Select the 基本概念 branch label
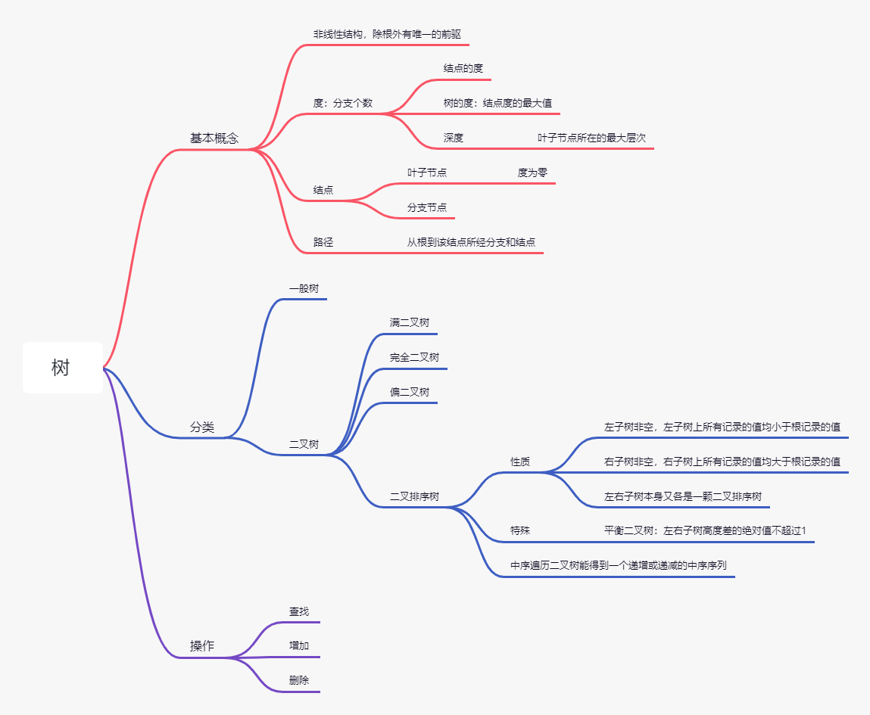point(214,138)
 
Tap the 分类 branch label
point(202,427)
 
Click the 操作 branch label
point(202,646)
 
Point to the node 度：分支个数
point(343,103)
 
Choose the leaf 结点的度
point(463,68)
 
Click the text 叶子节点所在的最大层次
point(591,138)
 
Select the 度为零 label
point(532,173)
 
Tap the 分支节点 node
point(427,207)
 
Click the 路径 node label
point(323,242)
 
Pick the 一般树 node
point(304,288)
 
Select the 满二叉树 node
point(410,322)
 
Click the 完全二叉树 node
point(414,357)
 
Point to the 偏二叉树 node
point(410,392)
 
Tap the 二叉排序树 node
point(414,497)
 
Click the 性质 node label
point(520,462)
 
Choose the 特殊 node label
point(520,531)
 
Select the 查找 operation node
point(299,611)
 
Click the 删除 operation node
point(299,680)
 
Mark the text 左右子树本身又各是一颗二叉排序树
point(682,497)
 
